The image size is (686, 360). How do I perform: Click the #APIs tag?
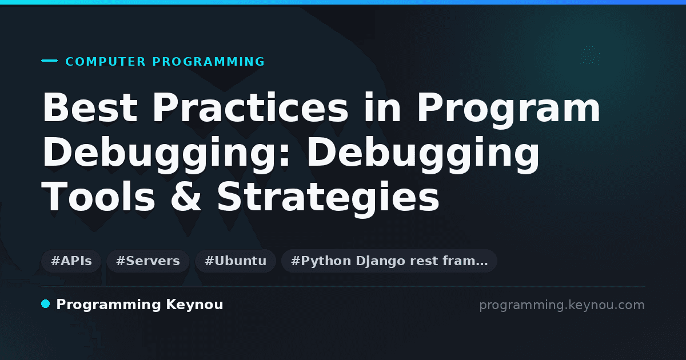coord(71,261)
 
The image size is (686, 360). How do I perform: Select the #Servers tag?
coord(148,261)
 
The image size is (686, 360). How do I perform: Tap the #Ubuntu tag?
coord(236,261)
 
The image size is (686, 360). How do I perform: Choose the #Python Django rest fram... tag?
coord(389,261)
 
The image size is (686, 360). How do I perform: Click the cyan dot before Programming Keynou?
coord(45,304)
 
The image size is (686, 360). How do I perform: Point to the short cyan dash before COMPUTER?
coord(49,61)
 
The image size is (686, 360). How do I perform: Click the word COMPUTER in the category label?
coord(106,62)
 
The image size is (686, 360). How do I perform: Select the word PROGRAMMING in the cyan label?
coord(209,62)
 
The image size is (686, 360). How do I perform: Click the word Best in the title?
coord(90,107)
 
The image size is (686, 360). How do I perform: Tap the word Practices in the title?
coord(250,107)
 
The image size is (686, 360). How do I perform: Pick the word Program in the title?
coord(509,110)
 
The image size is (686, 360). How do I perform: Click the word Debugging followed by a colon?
coord(166,155)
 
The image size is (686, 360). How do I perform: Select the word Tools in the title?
coord(98,196)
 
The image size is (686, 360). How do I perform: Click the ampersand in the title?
coord(186,196)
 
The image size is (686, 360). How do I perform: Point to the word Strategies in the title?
coord(328,198)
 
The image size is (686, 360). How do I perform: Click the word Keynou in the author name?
coord(194,305)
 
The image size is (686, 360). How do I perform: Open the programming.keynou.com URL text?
coord(562,305)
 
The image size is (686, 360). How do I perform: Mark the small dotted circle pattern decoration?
coord(590,55)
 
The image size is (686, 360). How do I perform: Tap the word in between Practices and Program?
coord(382,107)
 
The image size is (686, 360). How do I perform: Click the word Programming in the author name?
coord(109,305)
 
